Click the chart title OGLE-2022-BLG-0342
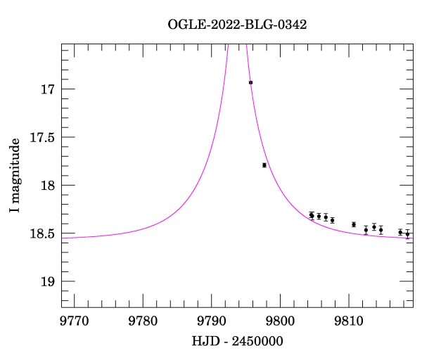click(x=237, y=24)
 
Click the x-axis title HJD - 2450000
click(x=237, y=342)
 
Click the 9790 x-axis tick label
click(x=212, y=321)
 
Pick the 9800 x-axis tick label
click(x=280, y=321)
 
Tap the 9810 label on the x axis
click(x=349, y=321)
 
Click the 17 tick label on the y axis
click(x=49, y=90)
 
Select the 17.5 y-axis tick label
click(x=42, y=138)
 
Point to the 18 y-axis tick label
click(x=49, y=186)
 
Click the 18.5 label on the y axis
click(x=42, y=233)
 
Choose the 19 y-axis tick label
click(x=49, y=282)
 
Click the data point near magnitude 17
click(x=250, y=82)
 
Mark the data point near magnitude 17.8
click(x=264, y=165)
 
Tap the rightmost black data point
click(x=407, y=233)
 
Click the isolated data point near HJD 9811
click(x=354, y=224)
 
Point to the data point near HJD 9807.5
click(x=332, y=220)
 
